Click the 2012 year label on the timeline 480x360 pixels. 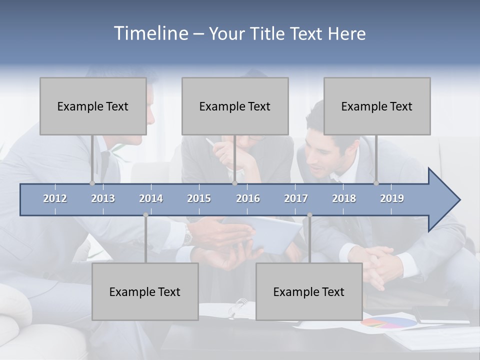tap(55, 198)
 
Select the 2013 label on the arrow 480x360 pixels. tap(103, 198)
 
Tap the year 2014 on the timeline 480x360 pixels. tap(151, 198)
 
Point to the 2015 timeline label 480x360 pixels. tap(199, 198)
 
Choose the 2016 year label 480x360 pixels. tap(248, 198)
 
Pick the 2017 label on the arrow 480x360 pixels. tap(296, 198)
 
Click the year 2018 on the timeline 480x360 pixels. tap(344, 198)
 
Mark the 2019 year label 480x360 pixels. tap(392, 198)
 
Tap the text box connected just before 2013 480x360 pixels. tap(93, 106)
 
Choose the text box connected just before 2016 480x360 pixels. tap(235, 106)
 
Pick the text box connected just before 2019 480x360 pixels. tap(377, 106)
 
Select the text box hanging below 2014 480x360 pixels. tap(145, 291)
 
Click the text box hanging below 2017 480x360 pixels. tap(309, 291)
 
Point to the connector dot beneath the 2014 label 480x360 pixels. tap(145, 215)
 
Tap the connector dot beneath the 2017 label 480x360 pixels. tap(309, 215)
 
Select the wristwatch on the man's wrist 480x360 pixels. tap(187, 234)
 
